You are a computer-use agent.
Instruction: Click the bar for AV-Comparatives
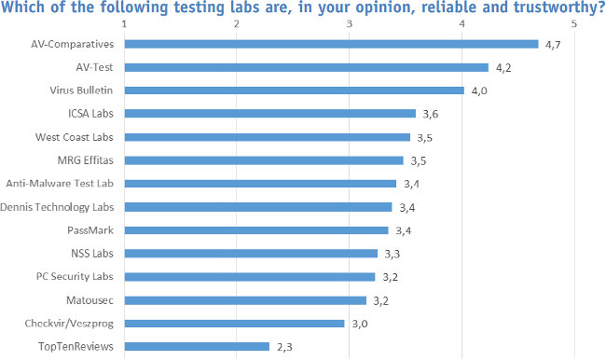pyautogui.click(x=331, y=44)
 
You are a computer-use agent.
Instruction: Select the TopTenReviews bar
pyautogui.click(x=197, y=346)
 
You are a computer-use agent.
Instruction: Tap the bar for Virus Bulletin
pyautogui.click(x=294, y=90)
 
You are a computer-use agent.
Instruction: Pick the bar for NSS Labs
pyautogui.click(x=251, y=253)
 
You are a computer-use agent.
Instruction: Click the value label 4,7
pyautogui.click(x=554, y=44)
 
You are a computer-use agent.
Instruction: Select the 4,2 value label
pyautogui.click(x=503, y=67)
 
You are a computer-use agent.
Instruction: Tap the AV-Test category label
pyautogui.click(x=96, y=67)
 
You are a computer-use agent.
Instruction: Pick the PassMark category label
pyautogui.click(x=92, y=229)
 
